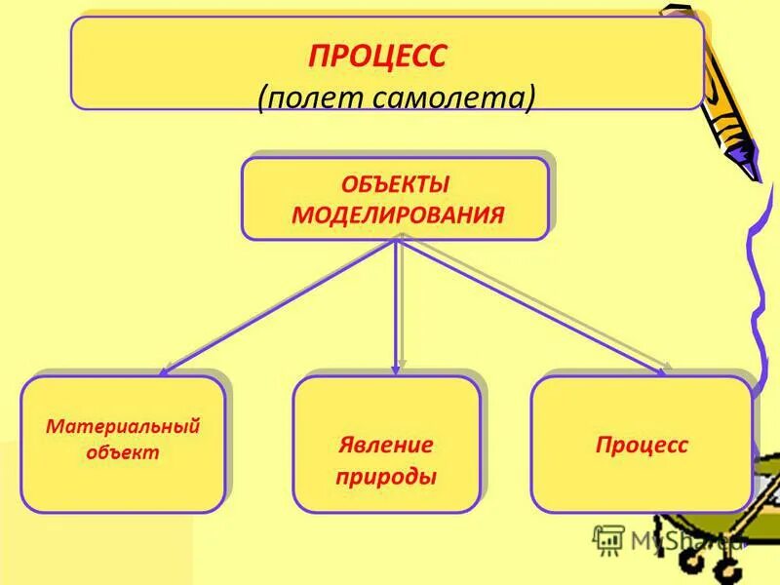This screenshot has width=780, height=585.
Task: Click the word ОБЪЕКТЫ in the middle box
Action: click(395, 184)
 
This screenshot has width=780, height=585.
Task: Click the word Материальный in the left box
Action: click(123, 427)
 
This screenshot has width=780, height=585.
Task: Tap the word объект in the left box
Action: click(123, 452)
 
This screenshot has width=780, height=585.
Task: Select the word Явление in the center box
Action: click(386, 446)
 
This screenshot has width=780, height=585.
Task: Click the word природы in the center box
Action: click(386, 478)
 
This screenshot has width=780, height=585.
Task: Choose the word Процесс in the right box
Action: click(642, 446)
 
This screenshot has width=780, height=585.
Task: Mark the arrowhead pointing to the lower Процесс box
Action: click(665, 370)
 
